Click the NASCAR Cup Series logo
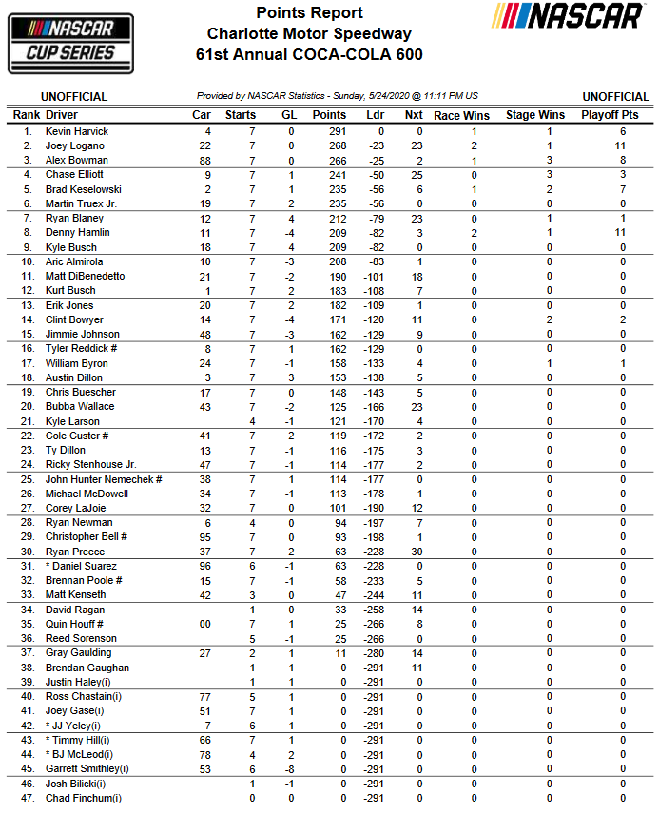tap(70, 41)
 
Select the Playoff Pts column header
tap(613, 115)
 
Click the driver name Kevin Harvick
tap(77, 131)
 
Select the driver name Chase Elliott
tap(74, 175)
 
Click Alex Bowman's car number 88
tap(204, 161)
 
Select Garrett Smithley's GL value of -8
tap(288, 769)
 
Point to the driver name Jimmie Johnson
tap(83, 335)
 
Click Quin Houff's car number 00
tap(204, 625)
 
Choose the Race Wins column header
tap(460, 115)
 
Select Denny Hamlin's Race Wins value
tap(474, 233)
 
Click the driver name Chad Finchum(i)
tap(84, 798)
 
